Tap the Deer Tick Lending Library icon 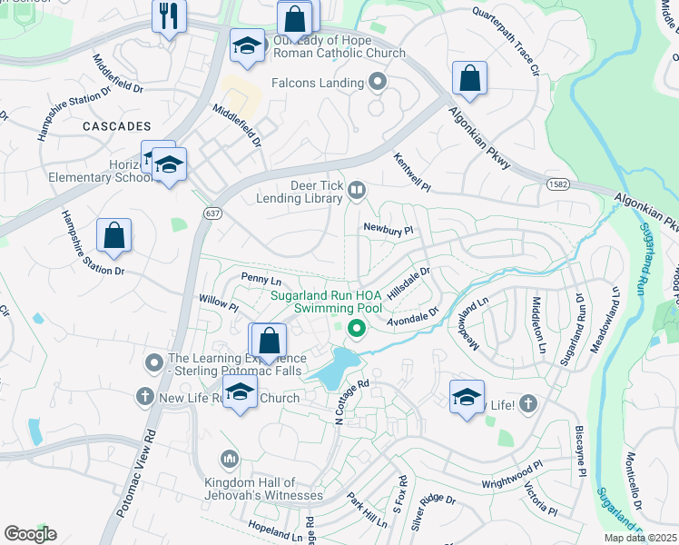coord(358,190)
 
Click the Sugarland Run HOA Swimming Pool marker coord(357,329)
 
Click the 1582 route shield coord(557,183)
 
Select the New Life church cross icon coord(144,397)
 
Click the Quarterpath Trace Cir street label coord(505,41)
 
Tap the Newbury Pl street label coord(388,230)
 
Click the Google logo coord(30,534)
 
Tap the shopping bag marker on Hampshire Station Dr coord(114,237)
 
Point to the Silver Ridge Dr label coord(433,511)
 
